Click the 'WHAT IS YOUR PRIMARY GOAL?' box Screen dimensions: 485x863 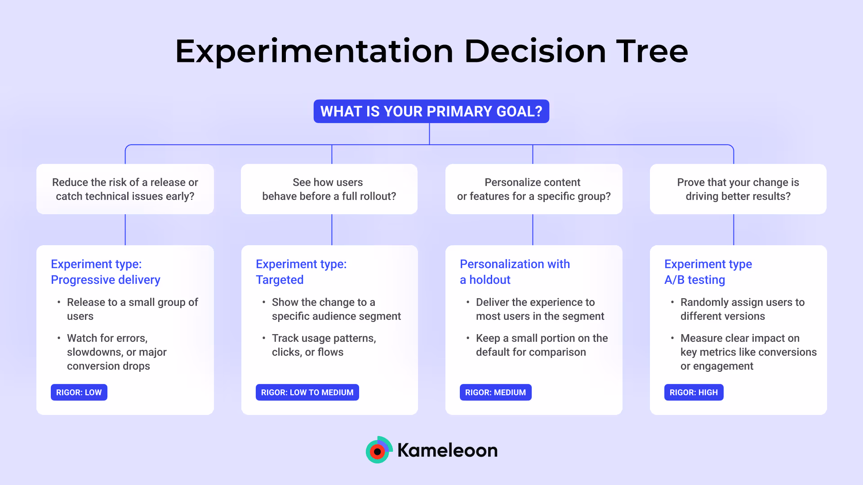[431, 111]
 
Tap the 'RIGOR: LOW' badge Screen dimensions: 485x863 [79, 392]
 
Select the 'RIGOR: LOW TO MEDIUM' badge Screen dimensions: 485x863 [307, 392]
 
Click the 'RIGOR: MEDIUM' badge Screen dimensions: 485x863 [495, 392]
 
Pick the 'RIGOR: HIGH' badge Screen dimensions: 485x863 [694, 392]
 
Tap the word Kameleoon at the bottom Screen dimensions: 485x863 [448, 450]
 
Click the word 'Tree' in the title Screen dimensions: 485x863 [652, 51]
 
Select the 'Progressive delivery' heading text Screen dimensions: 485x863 [106, 280]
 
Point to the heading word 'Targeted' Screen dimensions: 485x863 [280, 280]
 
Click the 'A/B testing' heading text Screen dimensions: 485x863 [694, 280]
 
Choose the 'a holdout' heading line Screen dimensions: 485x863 [485, 280]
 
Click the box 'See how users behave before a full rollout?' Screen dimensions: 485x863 [329, 189]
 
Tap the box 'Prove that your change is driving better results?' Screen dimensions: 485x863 [738, 189]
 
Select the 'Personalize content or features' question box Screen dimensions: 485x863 [534, 189]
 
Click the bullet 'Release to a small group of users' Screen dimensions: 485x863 [132, 309]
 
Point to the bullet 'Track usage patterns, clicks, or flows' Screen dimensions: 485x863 [324, 345]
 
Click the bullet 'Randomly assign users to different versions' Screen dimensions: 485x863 [742, 309]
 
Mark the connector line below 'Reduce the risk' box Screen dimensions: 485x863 [125, 229]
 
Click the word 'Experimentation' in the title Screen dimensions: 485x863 [314, 51]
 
